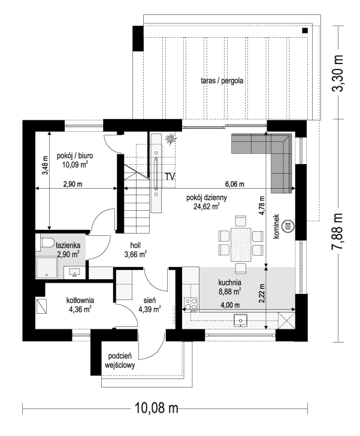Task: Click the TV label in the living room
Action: [x=170, y=177]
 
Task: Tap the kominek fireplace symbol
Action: [x=288, y=226]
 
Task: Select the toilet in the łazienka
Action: [x=47, y=243]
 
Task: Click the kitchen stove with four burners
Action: [x=190, y=304]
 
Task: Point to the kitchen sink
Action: [x=240, y=320]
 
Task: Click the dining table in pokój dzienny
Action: [x=241, y=245]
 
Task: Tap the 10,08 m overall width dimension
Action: [x=156, y=408]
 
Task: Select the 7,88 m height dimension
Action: [x=338, y=231]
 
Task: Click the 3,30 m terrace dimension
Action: [x=338, y=73]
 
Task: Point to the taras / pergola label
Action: [x=222, y=81]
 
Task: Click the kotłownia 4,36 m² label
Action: [x=80, y=304]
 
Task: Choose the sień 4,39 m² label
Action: [x=150, y=304]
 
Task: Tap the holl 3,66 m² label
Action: [x=135, y=250]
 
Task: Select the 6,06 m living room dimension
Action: [x=235, y=184]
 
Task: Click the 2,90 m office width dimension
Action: [x=72, y=184]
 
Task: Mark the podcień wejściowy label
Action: [x=120, y=361]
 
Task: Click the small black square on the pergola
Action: [x=305, y=31]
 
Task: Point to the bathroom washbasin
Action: [x=74, y=272]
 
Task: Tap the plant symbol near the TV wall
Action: [x=170, y=138]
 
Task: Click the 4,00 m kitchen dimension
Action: [x=230, y=305]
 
